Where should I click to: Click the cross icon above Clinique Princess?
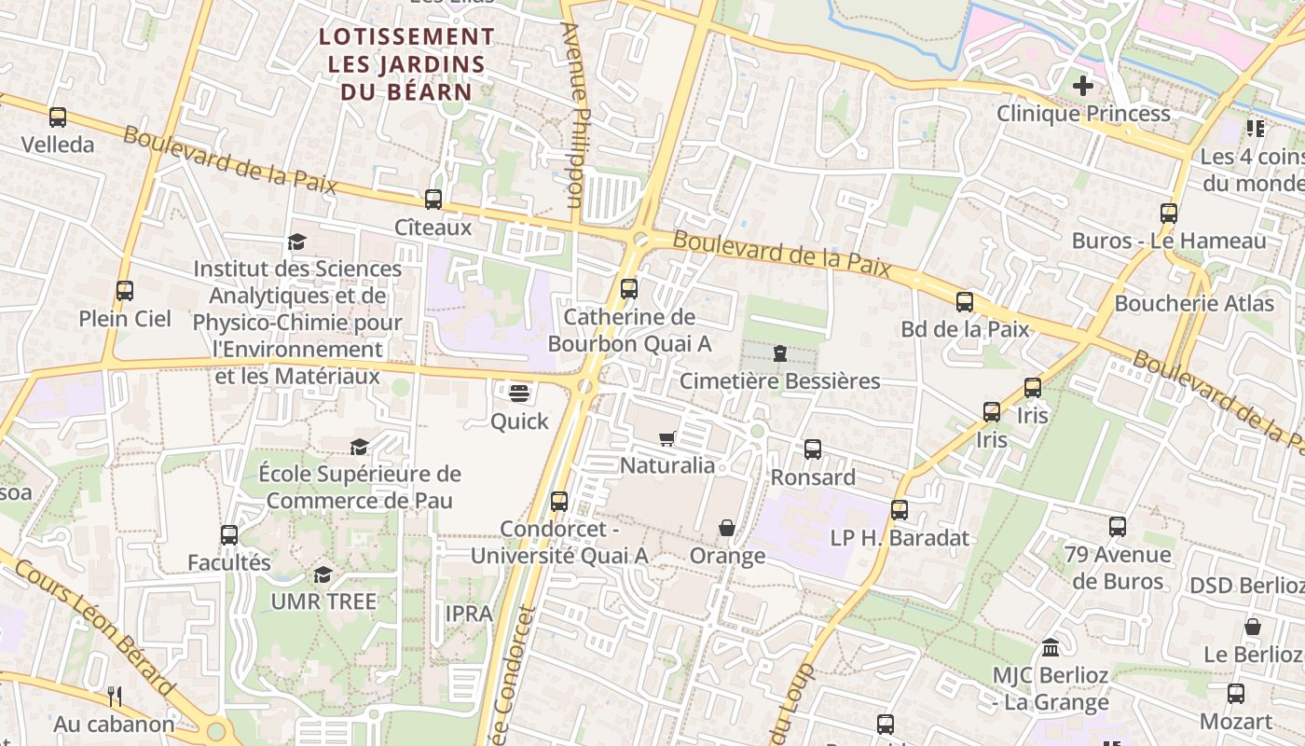(x=1082, y=87)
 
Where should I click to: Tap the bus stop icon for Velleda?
(x=58, y=117)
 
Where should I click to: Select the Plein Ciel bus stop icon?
(x=125, y=291)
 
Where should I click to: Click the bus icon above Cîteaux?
(x=433, y=199)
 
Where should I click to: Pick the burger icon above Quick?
(x=519, y=394)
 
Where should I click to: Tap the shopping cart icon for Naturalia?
(x=667, y=438)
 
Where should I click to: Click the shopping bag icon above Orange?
(x=727, y=529)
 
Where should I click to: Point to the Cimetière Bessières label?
(x=779, y=380)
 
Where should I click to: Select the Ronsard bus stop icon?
(x=813, y=449)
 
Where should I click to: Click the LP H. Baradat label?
(x=900, y=538)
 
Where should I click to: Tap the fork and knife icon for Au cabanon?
(x=115, y=696)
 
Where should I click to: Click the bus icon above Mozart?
(x=1236, y=694)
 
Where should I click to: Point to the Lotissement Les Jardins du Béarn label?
(x=406, y=64)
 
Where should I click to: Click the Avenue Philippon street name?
(x=573, y=114)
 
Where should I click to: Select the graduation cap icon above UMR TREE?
(x=323, y=574)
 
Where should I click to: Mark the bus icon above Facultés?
(x=229, y=535)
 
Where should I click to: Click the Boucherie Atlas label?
(x=1194, y=303)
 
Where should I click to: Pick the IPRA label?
(x=469, y=614)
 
